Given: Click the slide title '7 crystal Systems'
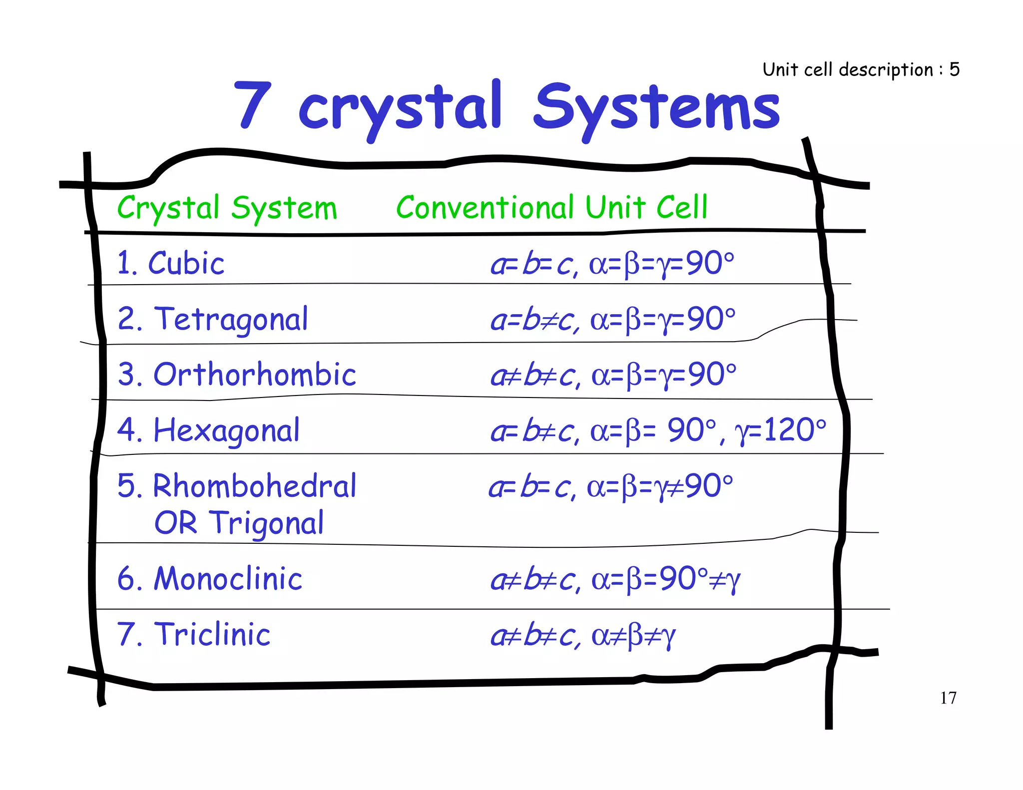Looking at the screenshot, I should [507, 107].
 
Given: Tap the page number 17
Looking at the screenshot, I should [948, 698].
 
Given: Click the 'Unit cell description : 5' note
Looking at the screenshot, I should [861, 69].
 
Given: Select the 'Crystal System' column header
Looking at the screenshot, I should [227, 208].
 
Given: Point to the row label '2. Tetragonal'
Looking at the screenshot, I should [213, 319].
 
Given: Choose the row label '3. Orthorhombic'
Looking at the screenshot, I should [237, 375].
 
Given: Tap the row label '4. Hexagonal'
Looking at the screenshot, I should [208, 430].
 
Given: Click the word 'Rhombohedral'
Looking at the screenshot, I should [255, 486].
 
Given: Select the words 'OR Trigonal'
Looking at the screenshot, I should [239, 523].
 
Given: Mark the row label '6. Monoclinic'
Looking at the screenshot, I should [210, 579].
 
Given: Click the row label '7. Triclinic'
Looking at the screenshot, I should [194, 635].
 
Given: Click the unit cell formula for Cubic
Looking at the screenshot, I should [612, 264].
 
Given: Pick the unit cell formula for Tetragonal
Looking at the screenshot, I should [613, 320].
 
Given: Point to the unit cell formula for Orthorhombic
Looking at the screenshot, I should [613, 375].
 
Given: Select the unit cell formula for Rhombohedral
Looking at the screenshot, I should [611, 486].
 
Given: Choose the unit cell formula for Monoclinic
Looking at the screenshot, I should [615, 580].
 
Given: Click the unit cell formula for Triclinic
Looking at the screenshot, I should [583, 636].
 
